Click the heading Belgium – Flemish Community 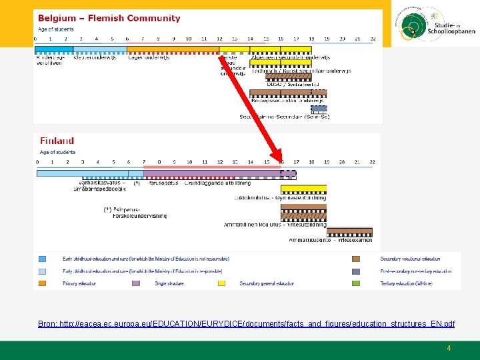click(x=109, y=19)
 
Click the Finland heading click(x=57, y=141)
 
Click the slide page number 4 click(x=449, y=348)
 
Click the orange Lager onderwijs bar click(x=173, y=49)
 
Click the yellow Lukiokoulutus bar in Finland click(x=303, y=189)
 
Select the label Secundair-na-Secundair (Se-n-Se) click(x=285, y=117)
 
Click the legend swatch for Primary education click(x=43, y=283)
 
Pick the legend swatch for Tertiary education click(x=356, y=283)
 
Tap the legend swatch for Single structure click(x=136, y=283)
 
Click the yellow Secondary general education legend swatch click(x=222, y=283)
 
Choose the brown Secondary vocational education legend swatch click(x=356, y=259)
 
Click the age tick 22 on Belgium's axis click(x=373, y=39)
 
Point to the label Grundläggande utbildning click(x=218, y=182)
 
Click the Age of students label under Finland click(x=57, y=152)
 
